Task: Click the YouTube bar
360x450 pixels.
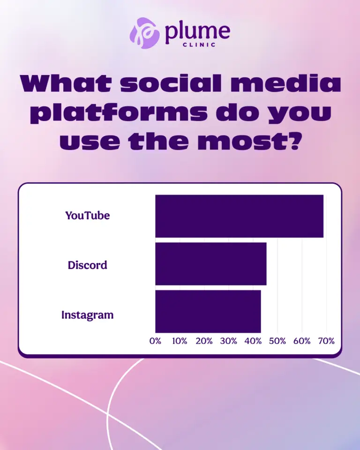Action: click(x=239, y=216)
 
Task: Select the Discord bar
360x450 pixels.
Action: click(x=210, y=264)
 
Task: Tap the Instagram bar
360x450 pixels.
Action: click(x=208, y=311)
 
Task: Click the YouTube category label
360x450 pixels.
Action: click(x=87, y=216)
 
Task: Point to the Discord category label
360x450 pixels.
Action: click(x=87, y=265)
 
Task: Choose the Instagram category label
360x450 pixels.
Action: click(x=87, y=315)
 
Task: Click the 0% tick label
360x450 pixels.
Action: click(x=155, y=341)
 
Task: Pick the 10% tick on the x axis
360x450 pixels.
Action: click(x=180, y=341)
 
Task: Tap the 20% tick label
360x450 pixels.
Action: click(x=204, y=341)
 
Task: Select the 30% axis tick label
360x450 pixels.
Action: click(x=228, y=341)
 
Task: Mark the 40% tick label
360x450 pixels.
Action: click(x=253, y=341)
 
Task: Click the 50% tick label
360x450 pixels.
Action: click(x=277, y=341)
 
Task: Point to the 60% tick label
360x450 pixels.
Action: click(x=302, y=341)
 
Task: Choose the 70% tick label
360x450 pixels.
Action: click(x=326, y=341)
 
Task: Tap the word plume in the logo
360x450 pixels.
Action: click(x=197, y=31)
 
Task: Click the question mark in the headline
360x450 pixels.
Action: click(x=291, y=141)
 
